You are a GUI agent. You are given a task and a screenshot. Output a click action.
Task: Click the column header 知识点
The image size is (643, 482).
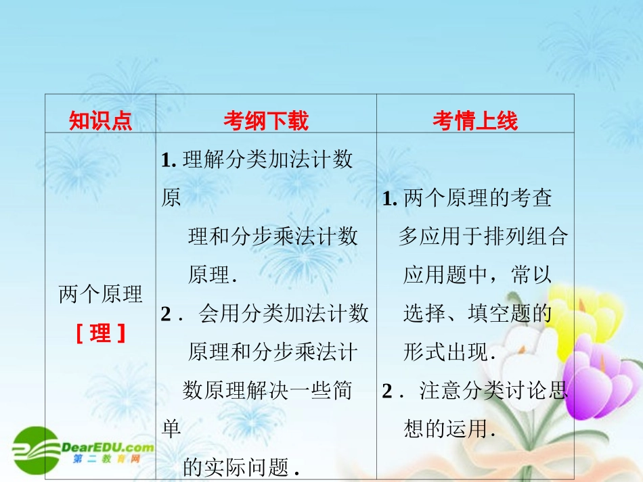click(x=100, y=121)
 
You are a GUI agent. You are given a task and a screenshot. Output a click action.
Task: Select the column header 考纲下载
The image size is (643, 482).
click(x=266, y=121)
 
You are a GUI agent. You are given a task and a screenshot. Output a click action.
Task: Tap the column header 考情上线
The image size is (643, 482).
click(x=475, y=121)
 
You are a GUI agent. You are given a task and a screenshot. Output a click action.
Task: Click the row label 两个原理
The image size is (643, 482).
click(x=101, y=295)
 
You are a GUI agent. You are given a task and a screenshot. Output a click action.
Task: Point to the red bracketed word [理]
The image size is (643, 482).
click(x=101, y=333)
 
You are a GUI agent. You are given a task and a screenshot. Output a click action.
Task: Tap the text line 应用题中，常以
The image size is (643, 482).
click(x=478, y=274)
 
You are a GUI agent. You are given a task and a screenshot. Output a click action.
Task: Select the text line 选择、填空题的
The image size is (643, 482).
click(x=478, y=313)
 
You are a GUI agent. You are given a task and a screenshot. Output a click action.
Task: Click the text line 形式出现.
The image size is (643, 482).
click(x=450, y=352)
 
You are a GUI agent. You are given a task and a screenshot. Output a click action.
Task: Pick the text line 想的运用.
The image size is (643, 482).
click(x=450, y=429)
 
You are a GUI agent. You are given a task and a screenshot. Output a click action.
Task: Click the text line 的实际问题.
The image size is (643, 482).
click(x=242, y=466)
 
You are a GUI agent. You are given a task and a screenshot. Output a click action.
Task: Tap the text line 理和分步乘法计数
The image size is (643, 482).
click(x=273, y=236)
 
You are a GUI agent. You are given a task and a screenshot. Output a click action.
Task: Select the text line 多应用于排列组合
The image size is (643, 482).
click(x=483, y=236)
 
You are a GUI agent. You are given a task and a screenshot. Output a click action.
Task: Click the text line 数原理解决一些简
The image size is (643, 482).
click(x=267, y=391)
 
